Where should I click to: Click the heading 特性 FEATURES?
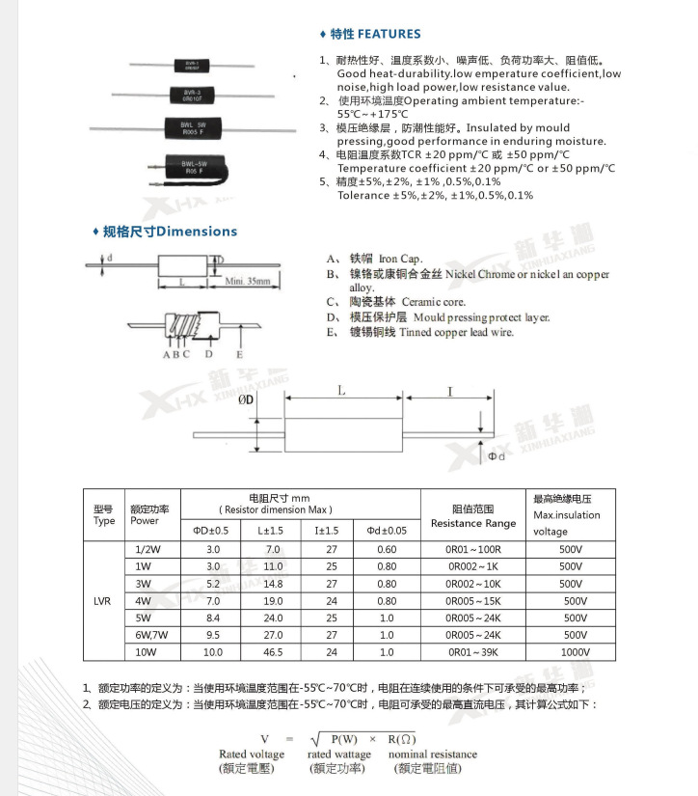(375, 34)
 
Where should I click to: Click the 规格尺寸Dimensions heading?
(169, 232)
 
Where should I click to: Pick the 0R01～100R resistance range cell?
(472, 549)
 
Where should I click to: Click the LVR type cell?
(103, 601)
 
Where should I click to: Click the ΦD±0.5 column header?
(212, 530)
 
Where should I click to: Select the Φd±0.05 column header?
(387, 530)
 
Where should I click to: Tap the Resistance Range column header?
(472, 523)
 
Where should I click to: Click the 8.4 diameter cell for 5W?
(213, 618)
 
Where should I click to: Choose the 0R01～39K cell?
(472, 653)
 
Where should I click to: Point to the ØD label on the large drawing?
(245, 398)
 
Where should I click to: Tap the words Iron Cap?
(400, 259)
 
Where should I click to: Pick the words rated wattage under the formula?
(339, 755)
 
